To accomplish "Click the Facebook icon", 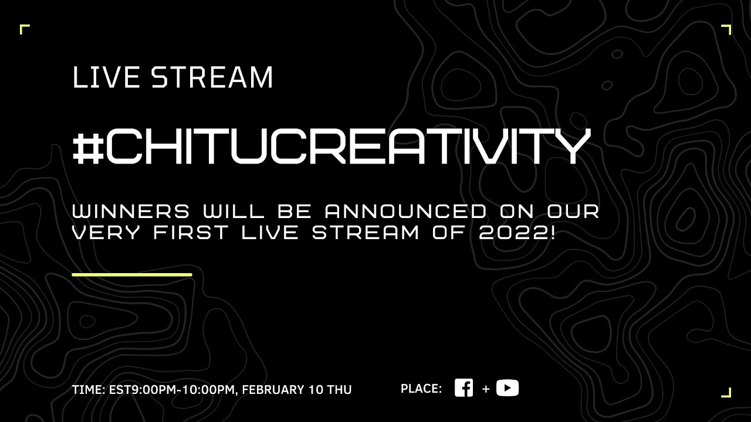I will point(464,388).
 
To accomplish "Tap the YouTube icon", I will point(508,388).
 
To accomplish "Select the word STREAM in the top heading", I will point(212,77).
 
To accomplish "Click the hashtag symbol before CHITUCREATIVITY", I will point(88,147).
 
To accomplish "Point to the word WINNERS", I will point(131,211).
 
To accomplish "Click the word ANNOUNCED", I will point(405,211).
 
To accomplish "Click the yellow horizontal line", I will point(131,274).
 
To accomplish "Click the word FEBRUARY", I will point(272,390).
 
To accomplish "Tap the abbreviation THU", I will point(339,390).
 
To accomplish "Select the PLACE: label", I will point(421,389).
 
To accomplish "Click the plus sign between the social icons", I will point(486,389).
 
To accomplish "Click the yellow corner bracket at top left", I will point(23,29).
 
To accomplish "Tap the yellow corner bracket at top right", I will point(726,29).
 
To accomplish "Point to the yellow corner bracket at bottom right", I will point(726,393).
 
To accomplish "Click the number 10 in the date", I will point(314,390).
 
